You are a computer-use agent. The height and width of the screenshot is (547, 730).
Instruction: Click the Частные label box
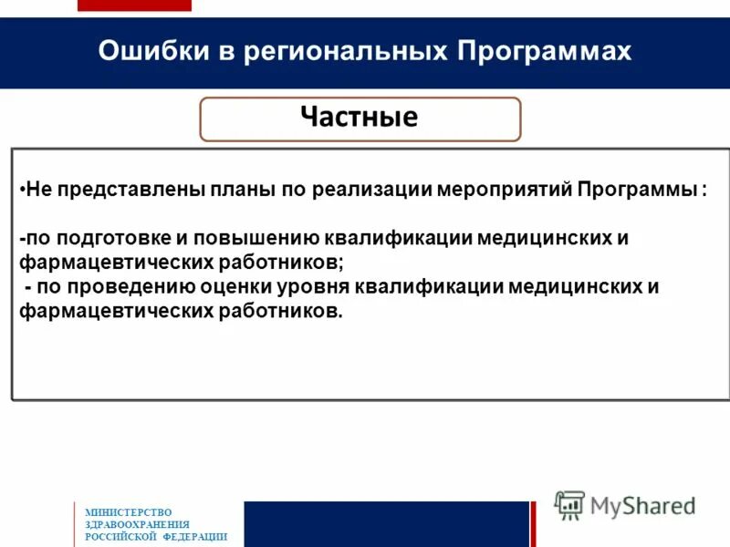click(x=360, y=119)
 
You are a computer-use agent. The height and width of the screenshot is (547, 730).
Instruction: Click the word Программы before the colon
click(x=635, y=191)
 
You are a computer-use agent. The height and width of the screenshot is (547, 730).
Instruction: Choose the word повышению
click(x=254, y=239)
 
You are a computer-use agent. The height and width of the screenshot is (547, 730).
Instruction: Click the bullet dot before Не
click(x=21, y=191)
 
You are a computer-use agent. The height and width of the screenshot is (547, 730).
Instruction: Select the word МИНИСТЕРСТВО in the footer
click(x=129, y=512)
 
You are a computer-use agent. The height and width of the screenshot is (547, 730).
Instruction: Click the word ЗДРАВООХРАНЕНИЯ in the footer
click(x=137, y=524)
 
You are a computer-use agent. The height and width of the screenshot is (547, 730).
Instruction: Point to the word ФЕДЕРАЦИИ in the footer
click(x=194, y=537)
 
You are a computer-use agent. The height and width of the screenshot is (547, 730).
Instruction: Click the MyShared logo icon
click(x=570, y=504)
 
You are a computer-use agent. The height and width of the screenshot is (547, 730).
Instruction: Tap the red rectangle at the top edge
click(x=134, y=5)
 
